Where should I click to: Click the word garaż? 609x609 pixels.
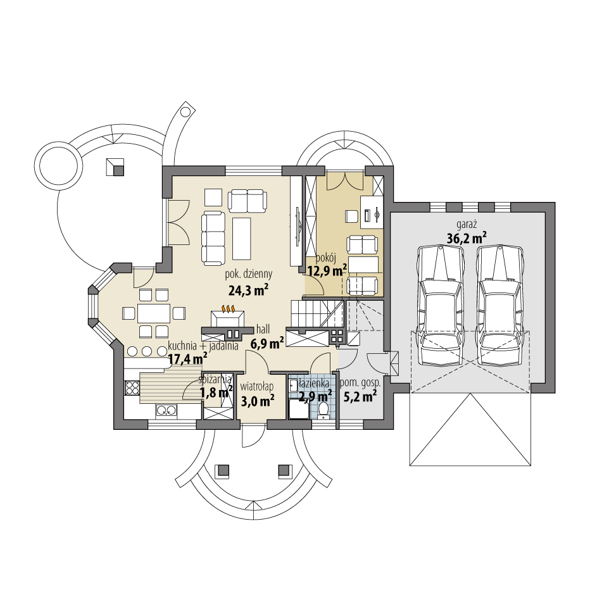click(x=466, y=224)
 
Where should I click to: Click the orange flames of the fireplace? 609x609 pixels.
click(x=227, y=310)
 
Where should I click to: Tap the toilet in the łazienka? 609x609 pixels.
click(x=323, y=411)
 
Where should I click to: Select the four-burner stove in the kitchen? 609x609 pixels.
click(x=132, y=387)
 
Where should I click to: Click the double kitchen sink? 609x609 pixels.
click(x=166, y=411)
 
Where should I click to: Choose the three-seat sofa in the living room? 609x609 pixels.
click(x=213, y=237)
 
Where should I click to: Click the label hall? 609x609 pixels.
click(x=264, y=330)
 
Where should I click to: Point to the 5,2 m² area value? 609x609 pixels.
click(x=360, y=398)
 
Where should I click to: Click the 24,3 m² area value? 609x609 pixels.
click(x=248, y=290)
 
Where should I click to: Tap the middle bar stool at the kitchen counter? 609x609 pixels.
click(x=147, y=351)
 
